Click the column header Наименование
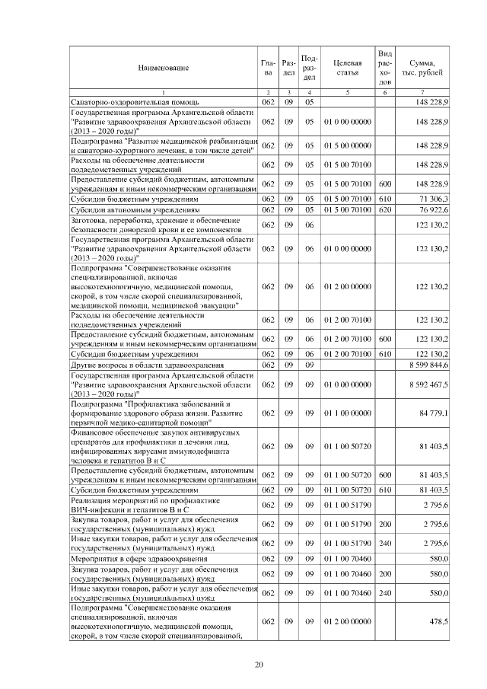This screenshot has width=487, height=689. click(164, 68)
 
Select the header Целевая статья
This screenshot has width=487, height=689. click(347, 68)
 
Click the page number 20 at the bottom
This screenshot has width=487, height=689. click(259, 665)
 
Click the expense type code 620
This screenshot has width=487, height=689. click(384, 209)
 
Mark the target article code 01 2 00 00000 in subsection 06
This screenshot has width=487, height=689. click(347, 286)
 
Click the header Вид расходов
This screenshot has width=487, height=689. click(385, 68)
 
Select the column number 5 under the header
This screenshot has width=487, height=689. click(347, 92)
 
